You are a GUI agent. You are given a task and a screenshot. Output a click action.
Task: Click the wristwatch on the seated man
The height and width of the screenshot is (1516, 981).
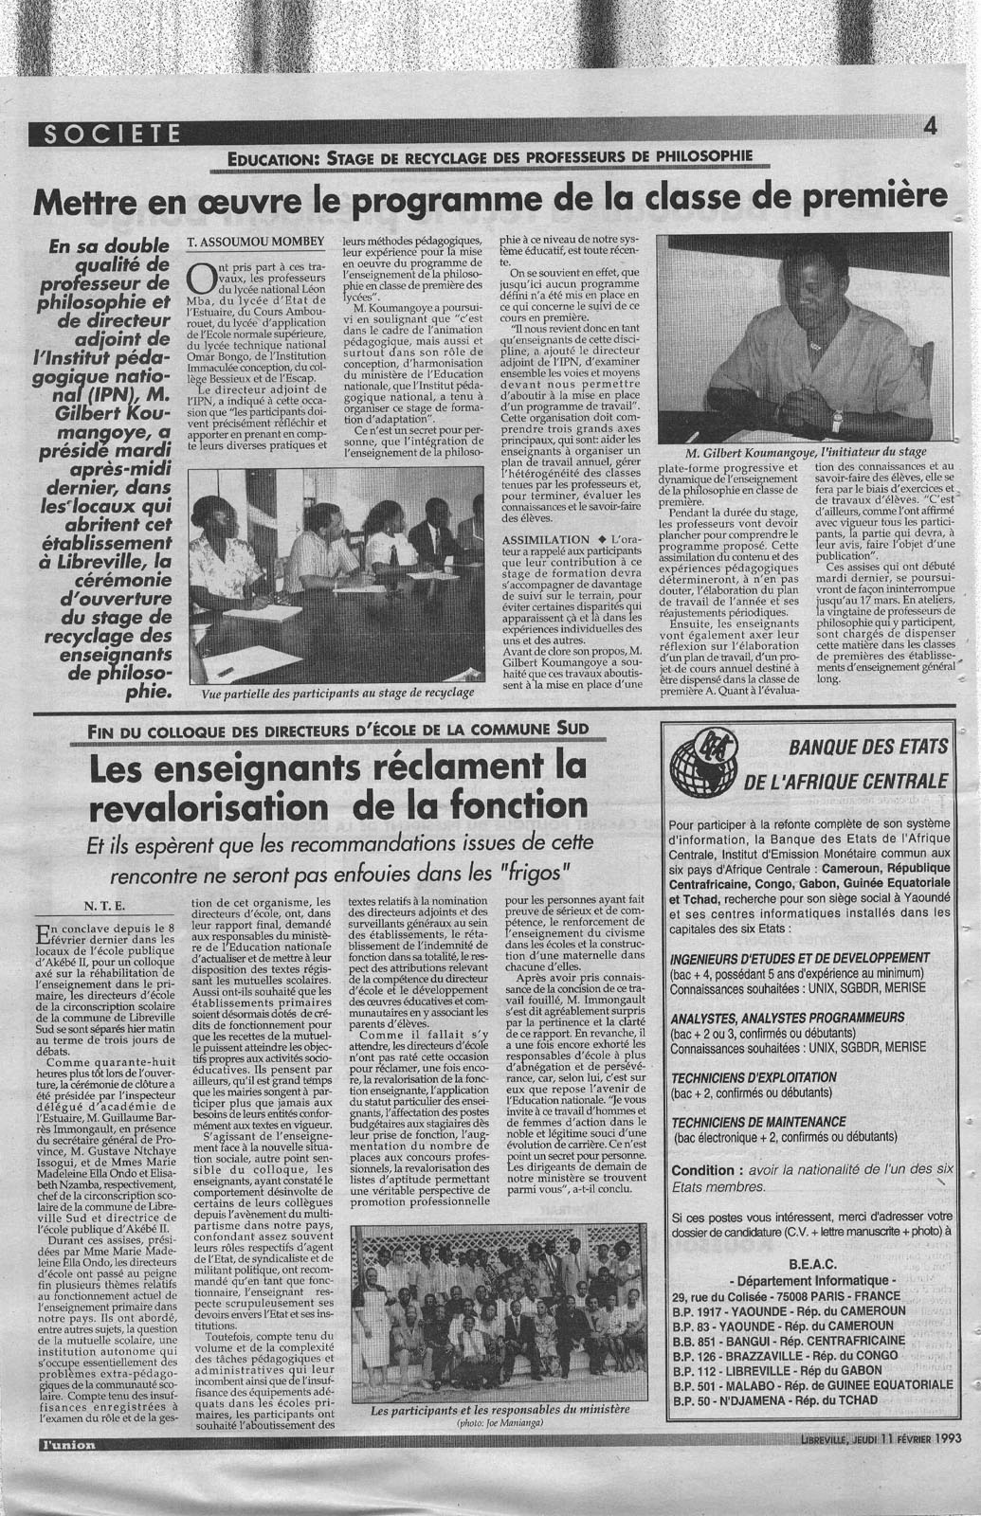point(837,418)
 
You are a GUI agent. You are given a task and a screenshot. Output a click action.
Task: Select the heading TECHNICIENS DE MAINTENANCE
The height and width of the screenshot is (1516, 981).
point(757,1121)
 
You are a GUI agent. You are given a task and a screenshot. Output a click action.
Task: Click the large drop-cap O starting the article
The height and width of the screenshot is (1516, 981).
point(202,278)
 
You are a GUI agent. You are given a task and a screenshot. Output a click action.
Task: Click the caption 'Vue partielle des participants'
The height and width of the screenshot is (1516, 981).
point(337,693)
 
